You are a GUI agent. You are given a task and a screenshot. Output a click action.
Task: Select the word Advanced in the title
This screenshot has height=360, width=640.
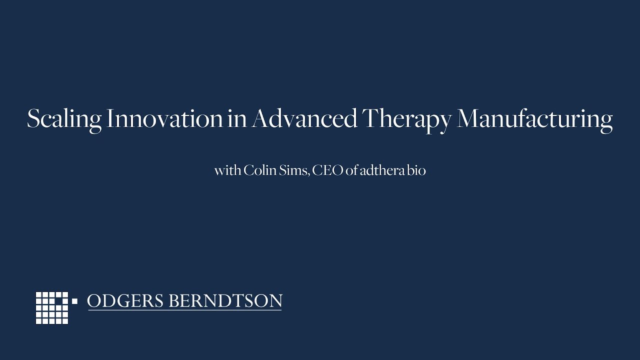[304, 119]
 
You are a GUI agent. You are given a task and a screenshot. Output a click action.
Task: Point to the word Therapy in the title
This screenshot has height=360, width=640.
[407, 120]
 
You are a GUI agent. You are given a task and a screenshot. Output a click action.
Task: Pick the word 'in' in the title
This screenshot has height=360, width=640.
[236, 119]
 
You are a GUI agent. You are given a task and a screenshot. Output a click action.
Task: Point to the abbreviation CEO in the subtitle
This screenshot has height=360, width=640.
[328, 170]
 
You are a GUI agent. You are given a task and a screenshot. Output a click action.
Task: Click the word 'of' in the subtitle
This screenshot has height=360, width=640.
[351, 170]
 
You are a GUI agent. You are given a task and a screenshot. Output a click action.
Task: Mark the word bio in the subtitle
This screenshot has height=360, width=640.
[416, 170]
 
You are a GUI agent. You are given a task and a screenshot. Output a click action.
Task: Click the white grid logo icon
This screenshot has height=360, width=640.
[52, 307]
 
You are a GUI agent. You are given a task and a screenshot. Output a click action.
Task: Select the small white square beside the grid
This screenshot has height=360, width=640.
[75, 301]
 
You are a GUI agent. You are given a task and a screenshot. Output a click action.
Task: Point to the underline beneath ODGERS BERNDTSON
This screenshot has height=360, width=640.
[184, 310]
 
